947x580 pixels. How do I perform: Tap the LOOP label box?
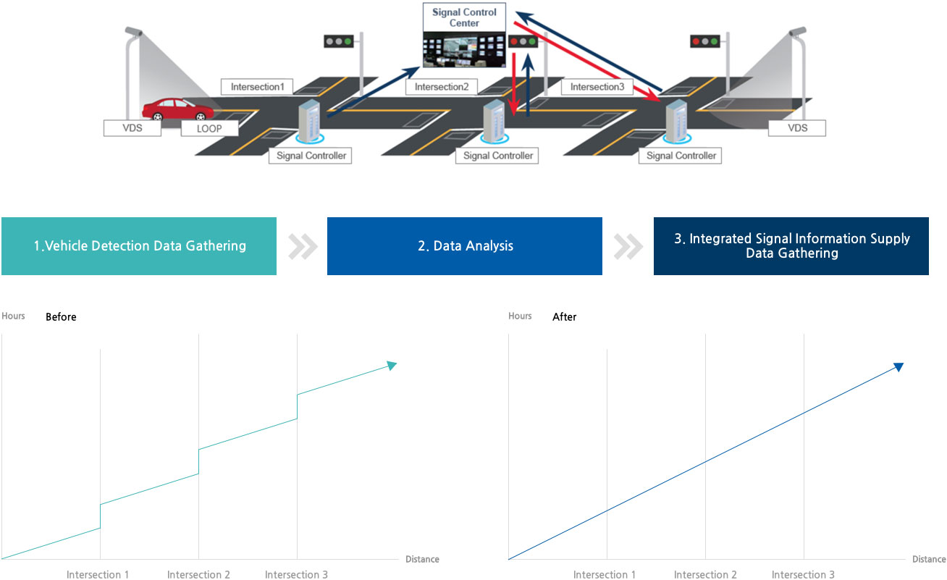coord(209,129)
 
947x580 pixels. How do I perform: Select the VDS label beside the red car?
coord(132,129)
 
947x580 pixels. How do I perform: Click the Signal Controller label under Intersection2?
coord(497,156)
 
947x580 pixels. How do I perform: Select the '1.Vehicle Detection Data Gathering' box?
coord(139,246)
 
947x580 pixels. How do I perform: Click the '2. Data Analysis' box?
coord(465,246)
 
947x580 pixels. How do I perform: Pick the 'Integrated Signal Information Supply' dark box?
coord(791,246)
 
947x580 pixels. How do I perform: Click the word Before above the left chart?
coord(61,317)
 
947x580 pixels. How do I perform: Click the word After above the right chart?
coord(565,317)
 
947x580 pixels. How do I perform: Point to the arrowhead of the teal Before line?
coord(392,366)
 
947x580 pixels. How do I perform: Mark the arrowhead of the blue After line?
coord(898,367)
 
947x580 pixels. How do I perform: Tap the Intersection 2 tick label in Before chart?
coord(198,575)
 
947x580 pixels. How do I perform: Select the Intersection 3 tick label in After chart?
coord(803,575)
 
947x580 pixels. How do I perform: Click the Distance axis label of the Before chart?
coord(422,559)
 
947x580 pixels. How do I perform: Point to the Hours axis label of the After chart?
coord(520,316)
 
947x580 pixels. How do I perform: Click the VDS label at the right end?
coord(797,129)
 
